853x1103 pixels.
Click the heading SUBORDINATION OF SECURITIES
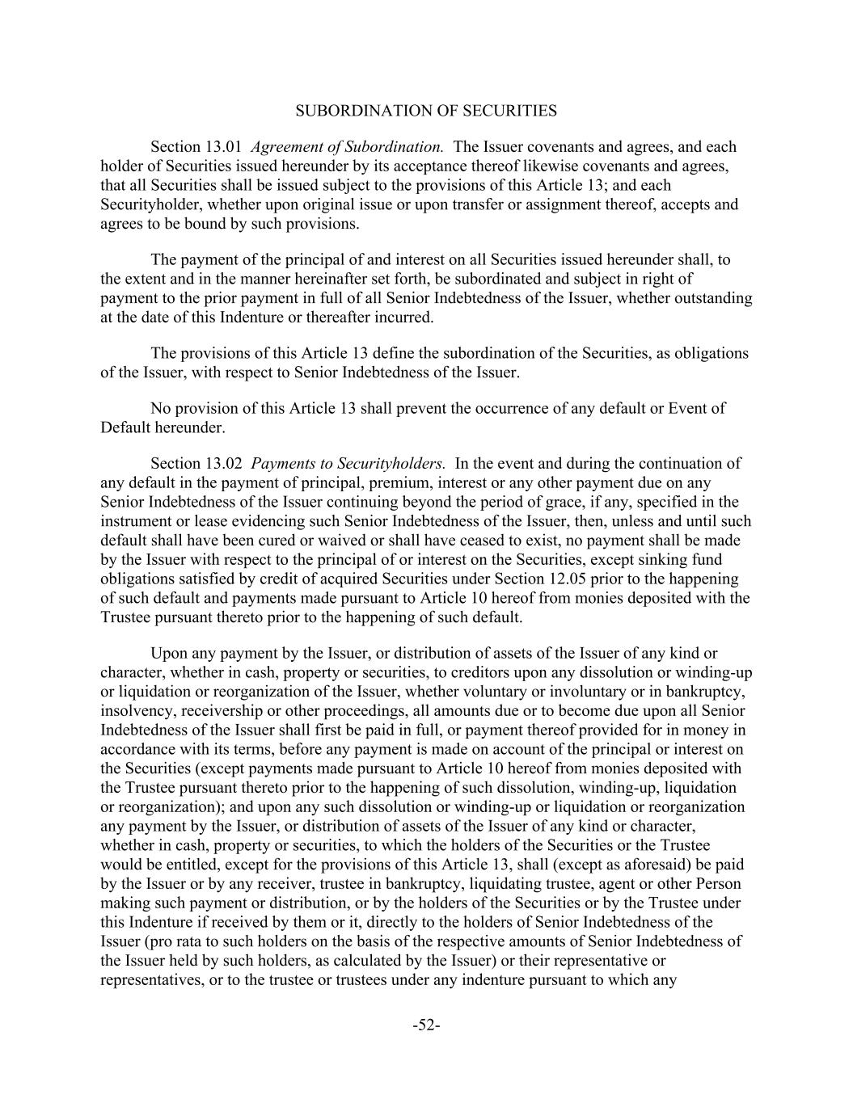(x=426, y=111)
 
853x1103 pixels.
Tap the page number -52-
(x=426, y=1025)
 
